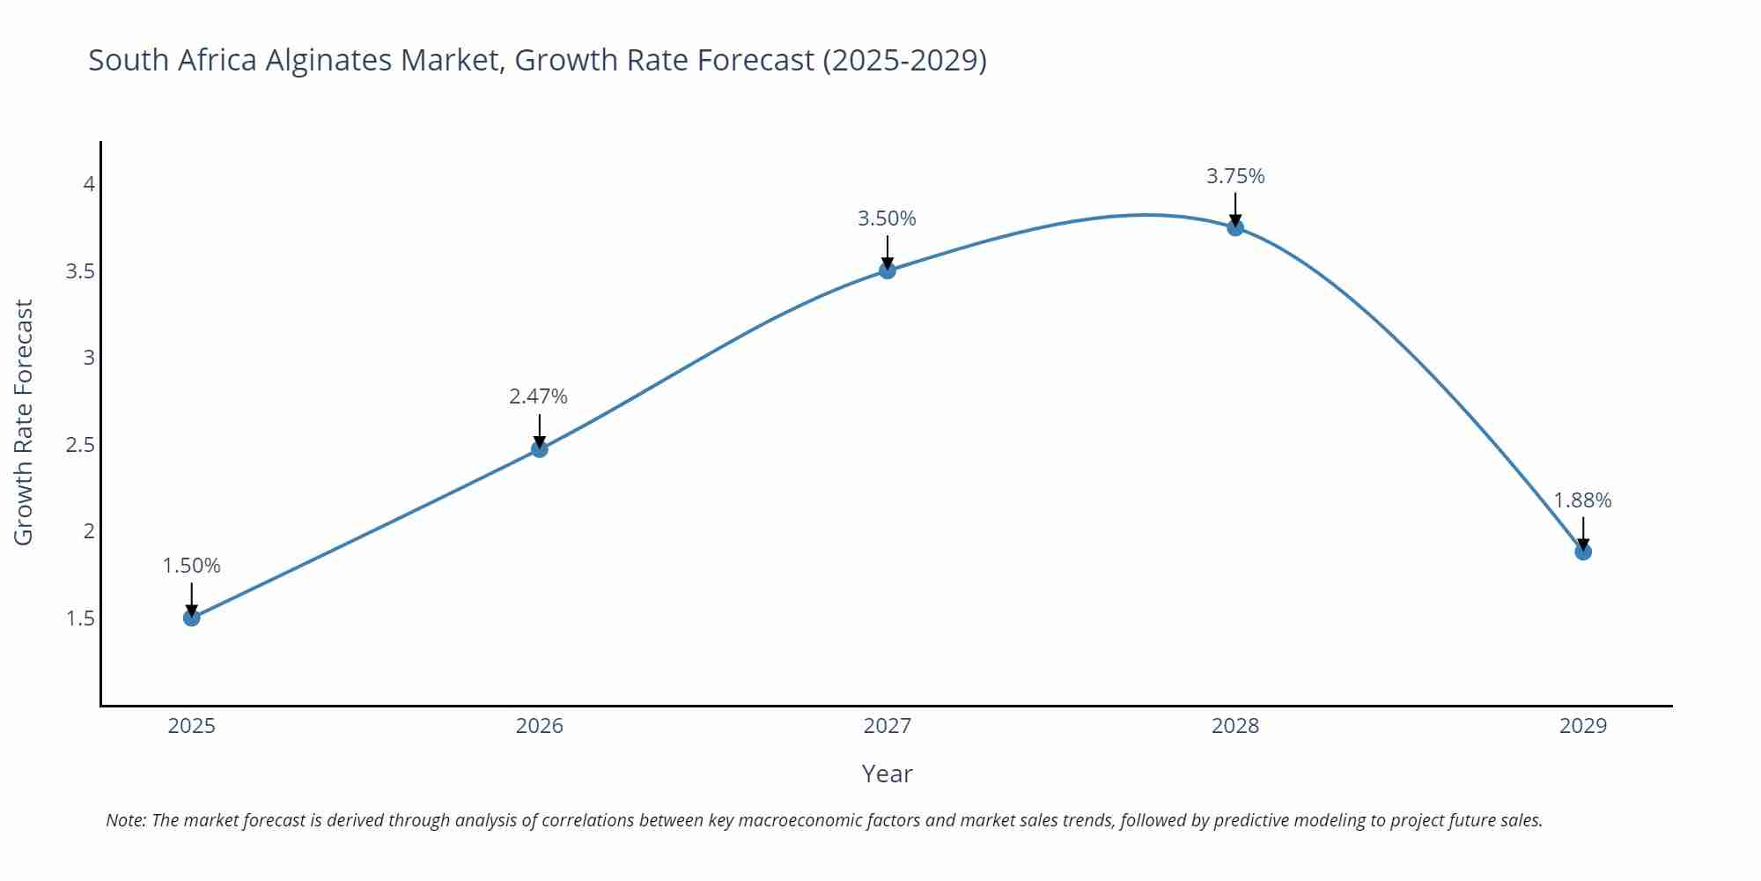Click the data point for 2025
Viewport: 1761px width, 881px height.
[192, 618]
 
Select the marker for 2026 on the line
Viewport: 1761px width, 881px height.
[540, 449]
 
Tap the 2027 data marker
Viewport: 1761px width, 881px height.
[888, 270]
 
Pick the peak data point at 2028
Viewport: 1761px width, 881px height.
[1235, 227]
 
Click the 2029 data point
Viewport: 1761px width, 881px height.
[1583, 552]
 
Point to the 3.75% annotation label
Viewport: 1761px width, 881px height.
[1235, 176]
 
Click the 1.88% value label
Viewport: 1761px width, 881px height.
[1582, 500]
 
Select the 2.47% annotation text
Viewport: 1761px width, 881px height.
[538, 396]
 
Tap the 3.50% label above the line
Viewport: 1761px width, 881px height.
[887, 218]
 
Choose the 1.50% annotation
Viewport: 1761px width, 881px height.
[191, 566]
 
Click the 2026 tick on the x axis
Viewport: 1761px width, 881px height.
[540, 726]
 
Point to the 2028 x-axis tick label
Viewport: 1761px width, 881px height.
[1235, 726]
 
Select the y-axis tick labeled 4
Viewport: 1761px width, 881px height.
[89, 184]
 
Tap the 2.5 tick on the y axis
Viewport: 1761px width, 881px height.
[81, 445]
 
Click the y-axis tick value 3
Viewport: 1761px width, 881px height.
[89, 358]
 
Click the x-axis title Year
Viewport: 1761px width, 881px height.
[887, 774]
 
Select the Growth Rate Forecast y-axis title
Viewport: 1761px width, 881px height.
[24, 422]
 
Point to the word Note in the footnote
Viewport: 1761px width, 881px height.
[125, 820]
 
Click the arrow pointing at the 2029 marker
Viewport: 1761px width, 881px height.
[1583, 532]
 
